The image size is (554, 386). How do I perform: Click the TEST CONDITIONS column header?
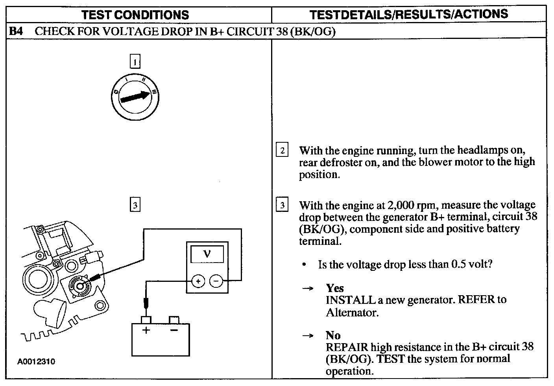(x=135, y=15)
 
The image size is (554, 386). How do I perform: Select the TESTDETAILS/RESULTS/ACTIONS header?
(x=408, y=15)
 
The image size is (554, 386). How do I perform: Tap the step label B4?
(x=16, y=31)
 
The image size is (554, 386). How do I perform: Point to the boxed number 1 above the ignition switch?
(x=135, y=62)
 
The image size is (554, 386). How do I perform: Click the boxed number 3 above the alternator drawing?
(x=135, y=205)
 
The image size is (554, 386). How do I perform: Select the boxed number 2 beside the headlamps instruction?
(x=282, y=150)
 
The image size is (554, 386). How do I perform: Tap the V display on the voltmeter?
(x=207, y=254)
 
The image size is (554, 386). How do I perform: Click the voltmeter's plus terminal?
(x=198, y=281)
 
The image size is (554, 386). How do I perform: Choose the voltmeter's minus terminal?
(x=216, y=281)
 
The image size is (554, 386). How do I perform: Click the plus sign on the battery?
(x=146, y=330)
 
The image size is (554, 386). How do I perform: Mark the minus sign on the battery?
(x=174, y=330)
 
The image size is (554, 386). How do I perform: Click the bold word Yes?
(x=334, y=288)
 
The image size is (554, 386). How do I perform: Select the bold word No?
(x=333, y=335)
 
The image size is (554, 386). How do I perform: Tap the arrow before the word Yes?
(x=308, y=289)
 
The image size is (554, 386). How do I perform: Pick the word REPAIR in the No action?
(x=347, y=347)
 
